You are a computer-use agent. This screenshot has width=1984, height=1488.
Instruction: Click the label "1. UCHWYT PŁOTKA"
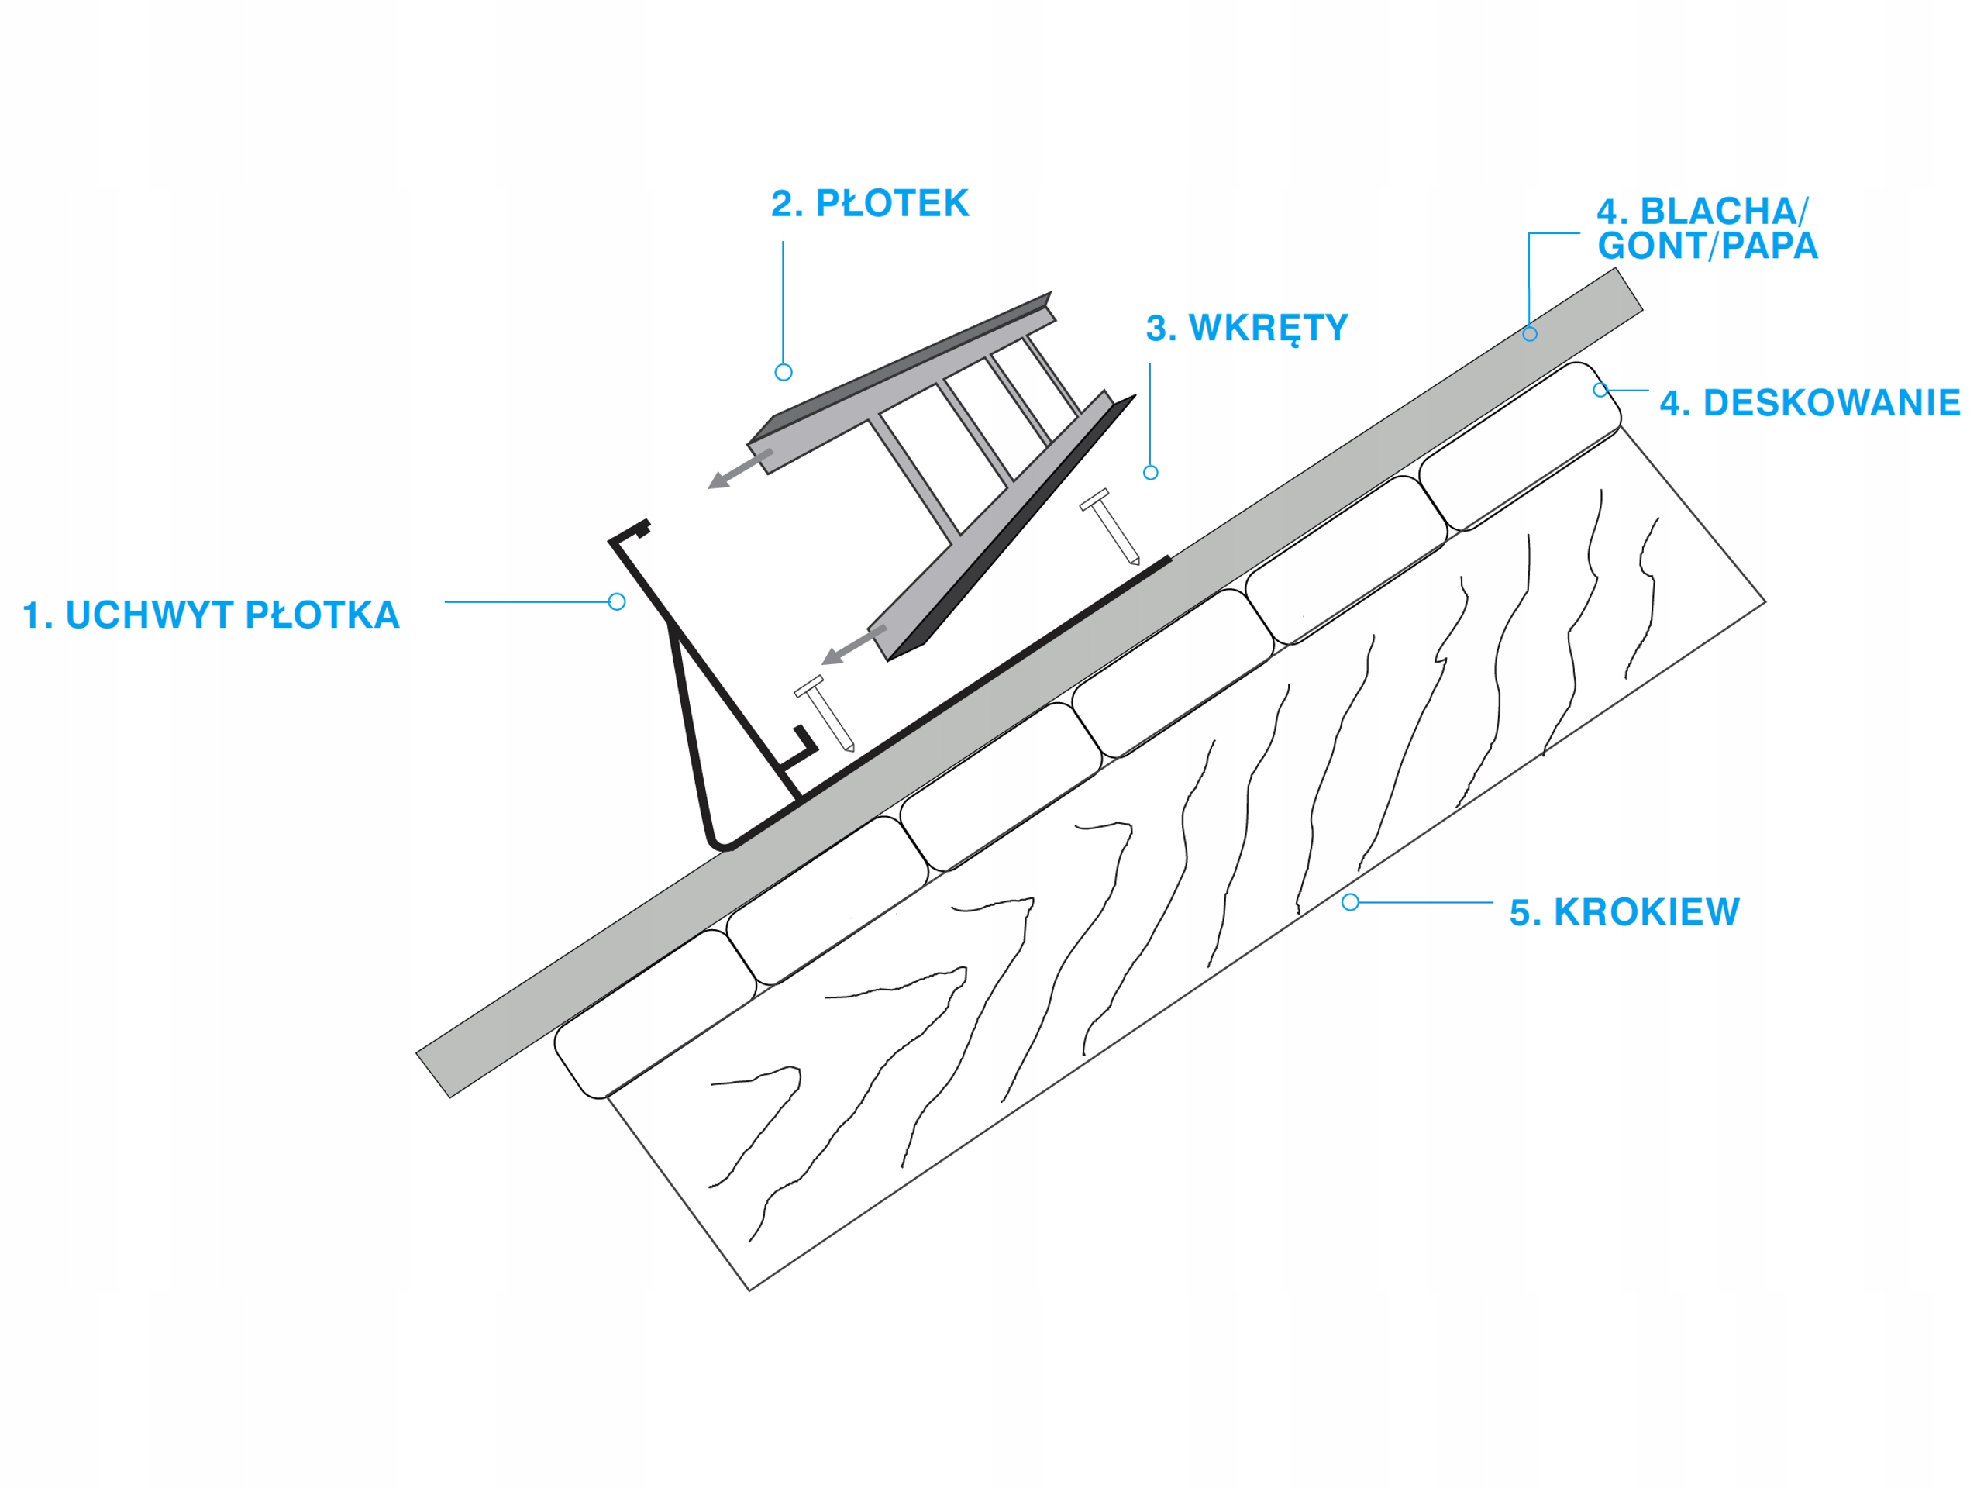point(211,615)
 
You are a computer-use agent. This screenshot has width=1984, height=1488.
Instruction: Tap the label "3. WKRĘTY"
point(1246,329)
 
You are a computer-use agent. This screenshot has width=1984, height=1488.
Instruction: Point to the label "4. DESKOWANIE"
point(1809,404)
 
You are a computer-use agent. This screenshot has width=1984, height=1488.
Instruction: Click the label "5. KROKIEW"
point(1624,912)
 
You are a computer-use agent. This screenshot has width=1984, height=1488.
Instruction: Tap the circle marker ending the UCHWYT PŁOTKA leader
point(617,602)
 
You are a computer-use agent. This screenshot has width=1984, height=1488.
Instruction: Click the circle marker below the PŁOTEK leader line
point(783,372)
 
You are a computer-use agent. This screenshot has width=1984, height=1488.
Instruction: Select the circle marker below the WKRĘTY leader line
point(1151,473)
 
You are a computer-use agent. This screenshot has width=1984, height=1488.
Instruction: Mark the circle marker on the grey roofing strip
point(1529,335)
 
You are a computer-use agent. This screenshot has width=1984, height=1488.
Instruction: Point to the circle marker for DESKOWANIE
point(1600,390)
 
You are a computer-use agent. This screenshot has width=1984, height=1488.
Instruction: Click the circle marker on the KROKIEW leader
point(1350,902)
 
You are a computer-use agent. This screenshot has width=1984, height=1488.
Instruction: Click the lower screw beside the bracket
point(825,713)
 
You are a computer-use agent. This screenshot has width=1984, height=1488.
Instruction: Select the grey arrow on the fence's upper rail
point(740,469)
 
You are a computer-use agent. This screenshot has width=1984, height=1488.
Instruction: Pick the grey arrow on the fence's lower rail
point(853,646)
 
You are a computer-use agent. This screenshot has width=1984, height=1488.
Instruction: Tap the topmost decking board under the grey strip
point(1521,445)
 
